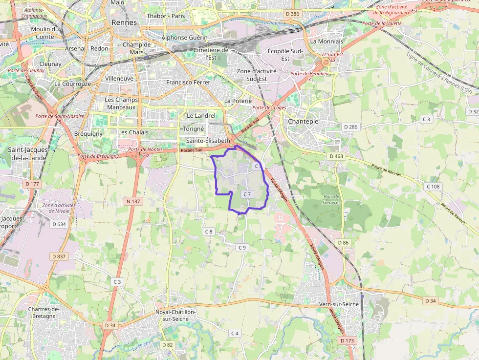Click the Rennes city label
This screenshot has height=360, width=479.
[124, 22]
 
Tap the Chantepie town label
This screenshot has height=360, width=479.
[303, 121]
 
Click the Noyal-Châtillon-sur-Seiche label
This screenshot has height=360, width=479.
[175, 315]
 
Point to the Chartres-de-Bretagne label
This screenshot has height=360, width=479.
[44, 312]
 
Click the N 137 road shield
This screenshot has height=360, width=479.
[132, 201]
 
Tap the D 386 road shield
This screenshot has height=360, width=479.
[292, 14]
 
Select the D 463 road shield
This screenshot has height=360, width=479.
[336, 156]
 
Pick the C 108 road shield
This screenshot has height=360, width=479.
[433, 187]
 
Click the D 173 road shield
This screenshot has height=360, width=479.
[348, 340]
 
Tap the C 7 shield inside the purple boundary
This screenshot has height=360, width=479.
[247, 194]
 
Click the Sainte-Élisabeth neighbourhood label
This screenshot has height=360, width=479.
[208, 141]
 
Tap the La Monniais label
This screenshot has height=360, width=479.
[327, 42]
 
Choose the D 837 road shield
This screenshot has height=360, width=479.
[58, 256]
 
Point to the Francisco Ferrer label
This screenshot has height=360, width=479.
[188, 83]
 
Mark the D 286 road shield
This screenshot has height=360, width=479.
[351, 127]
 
